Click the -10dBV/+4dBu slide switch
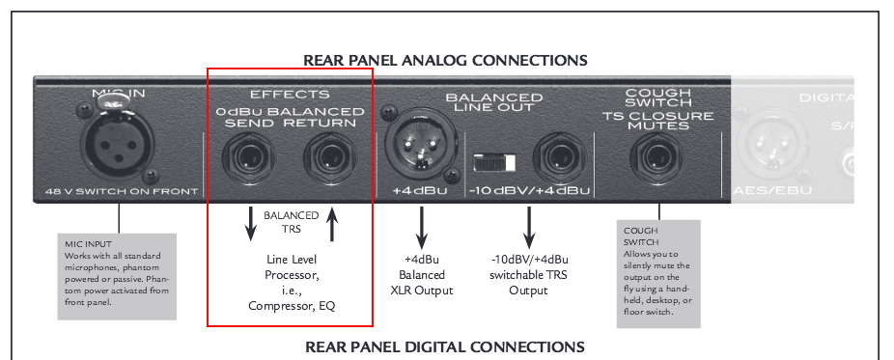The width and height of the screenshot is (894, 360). pyautogui.click(x=495, y=159)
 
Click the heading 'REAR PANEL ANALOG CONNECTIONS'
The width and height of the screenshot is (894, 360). pyautogui.click(x=445, y=60)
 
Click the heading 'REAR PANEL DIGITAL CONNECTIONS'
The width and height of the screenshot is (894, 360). pyautogui.click(x=445, y=346)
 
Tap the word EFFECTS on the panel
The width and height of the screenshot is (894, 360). pyautogui.click(x=290, y=95)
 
